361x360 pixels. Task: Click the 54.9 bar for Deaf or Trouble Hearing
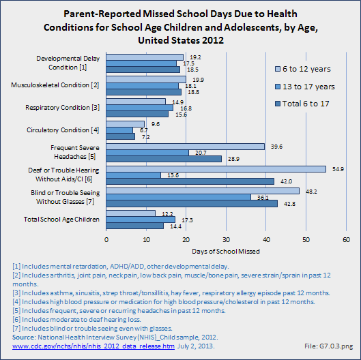coord(216,169)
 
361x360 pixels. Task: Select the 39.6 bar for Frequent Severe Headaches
coord(186,147)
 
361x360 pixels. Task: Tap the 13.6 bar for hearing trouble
coord(134,175)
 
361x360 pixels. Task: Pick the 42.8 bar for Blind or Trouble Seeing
coord(192,204)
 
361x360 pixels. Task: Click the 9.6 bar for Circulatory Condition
coord(126,124)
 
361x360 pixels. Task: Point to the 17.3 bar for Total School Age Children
coord(141,220)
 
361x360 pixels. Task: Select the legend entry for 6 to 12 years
coord(303,69)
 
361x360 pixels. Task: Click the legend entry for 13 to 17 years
coord(305,87)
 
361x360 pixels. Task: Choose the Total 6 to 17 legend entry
coord(302,104)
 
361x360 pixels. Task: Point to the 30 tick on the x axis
coord(226,240)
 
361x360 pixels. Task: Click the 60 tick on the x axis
coord(346,240)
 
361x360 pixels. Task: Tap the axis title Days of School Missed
coord(226,251)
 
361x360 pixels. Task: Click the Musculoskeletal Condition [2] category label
coord(55,85)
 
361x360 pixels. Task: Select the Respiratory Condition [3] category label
coord(62,108)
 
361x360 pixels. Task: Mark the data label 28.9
coord(233,159)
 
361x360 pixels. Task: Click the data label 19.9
coord(198,80)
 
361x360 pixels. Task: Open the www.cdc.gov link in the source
coord(93,346)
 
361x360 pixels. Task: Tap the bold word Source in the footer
coord(23,337)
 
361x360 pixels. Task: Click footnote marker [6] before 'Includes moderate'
coord(16,320)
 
